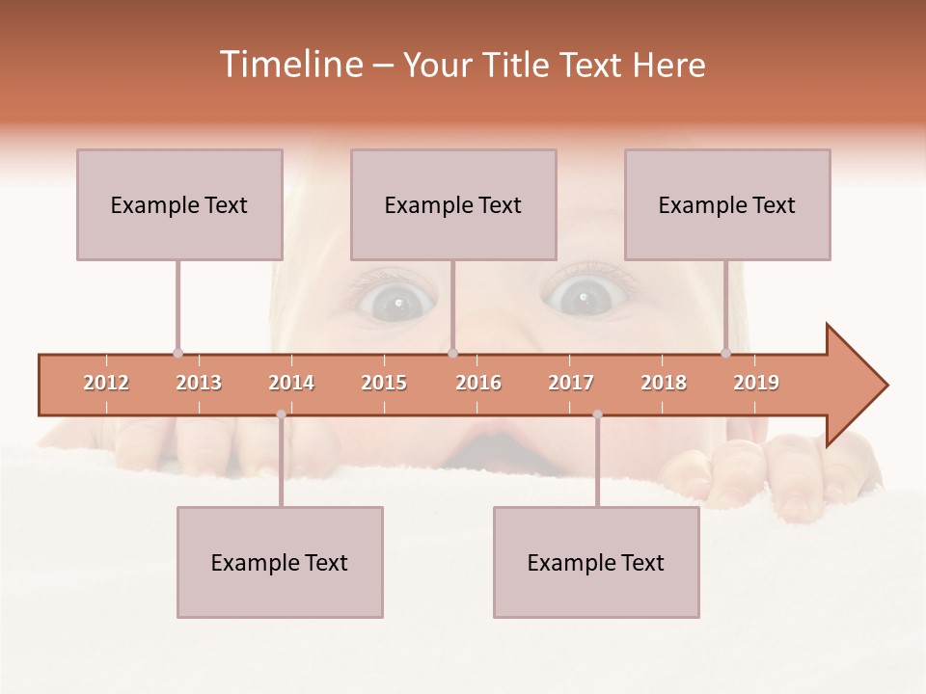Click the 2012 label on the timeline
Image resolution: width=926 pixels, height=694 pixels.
pos(106,383)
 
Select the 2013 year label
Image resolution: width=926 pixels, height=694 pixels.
pos(199,383)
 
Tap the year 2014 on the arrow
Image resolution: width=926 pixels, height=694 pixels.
pos(291,383)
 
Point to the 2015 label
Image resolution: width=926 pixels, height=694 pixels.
pos(384,383)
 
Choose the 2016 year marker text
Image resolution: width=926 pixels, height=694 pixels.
pos(478,383)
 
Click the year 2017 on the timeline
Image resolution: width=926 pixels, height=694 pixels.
pos(571,383)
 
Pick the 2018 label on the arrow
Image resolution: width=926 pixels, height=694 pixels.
pos(664,383)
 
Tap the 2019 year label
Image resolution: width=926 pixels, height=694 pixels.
pos(756,383)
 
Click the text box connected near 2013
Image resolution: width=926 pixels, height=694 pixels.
pos(179,204)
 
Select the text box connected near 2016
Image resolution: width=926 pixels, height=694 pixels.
pos(453,204)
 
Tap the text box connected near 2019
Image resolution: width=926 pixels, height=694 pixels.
pos(727,204)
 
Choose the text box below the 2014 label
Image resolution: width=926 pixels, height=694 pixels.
pos(280,562)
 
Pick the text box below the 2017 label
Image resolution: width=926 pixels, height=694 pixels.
pos(596,562)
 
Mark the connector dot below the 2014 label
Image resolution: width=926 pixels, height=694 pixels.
pos(281,414)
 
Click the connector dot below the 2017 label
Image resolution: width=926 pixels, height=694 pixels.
pos(597,414)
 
